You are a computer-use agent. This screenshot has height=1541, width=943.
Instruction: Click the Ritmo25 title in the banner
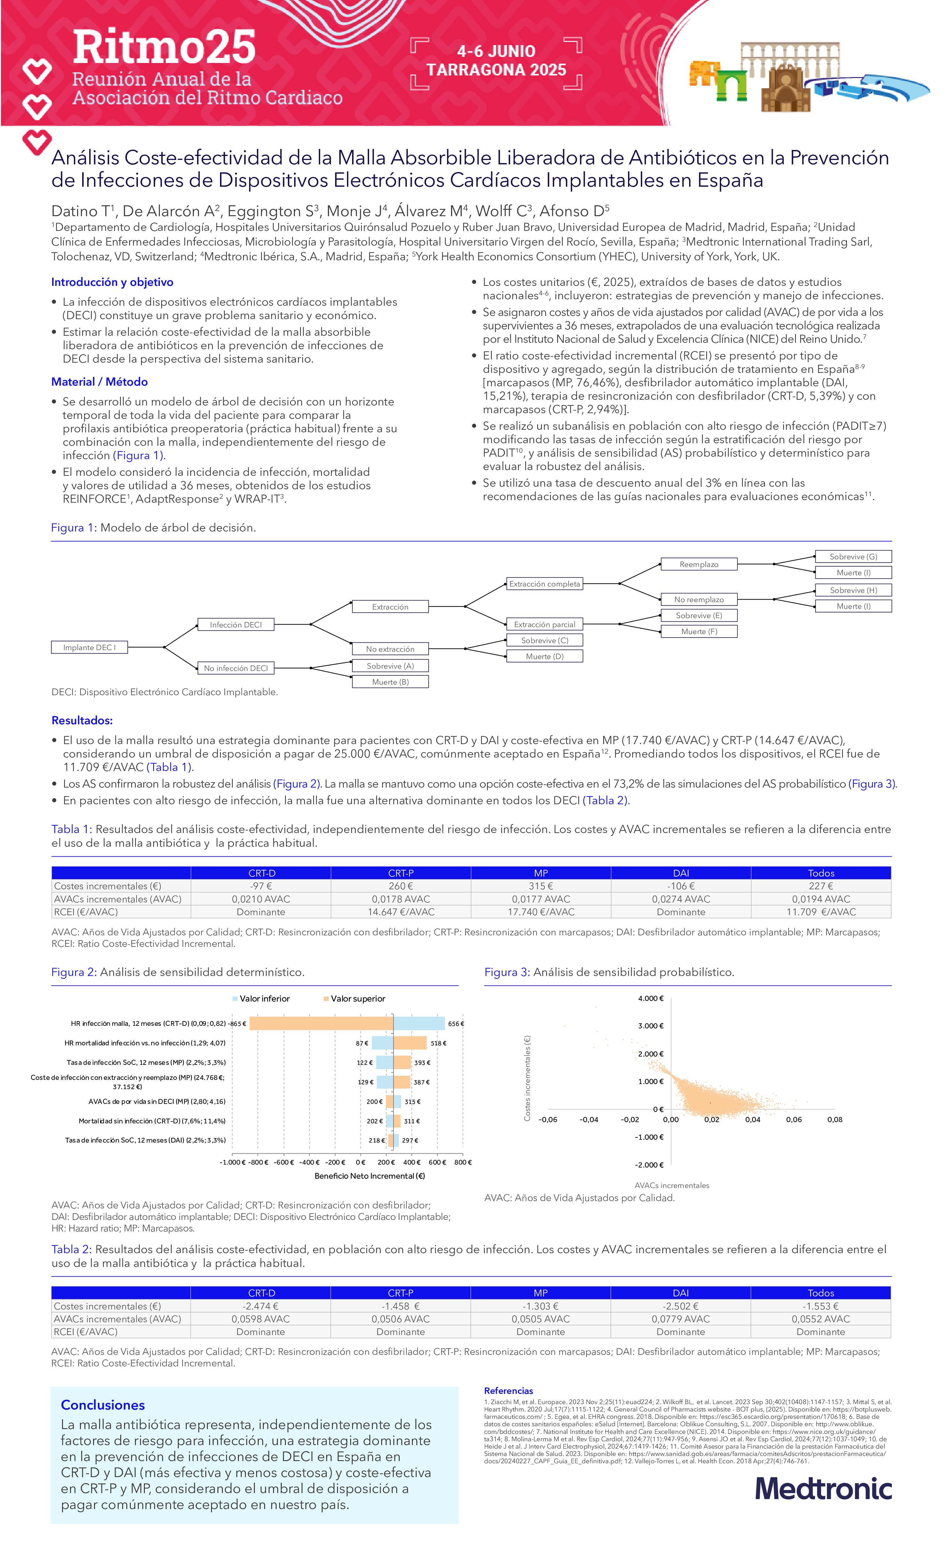click(x=164, y=47)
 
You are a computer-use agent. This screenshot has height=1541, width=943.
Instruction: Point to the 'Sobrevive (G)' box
click(x=853, y=557)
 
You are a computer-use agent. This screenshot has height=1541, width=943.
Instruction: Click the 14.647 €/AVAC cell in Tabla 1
click(x=401, y=912)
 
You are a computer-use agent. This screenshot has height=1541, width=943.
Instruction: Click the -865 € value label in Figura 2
click(x=237, y=1024)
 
